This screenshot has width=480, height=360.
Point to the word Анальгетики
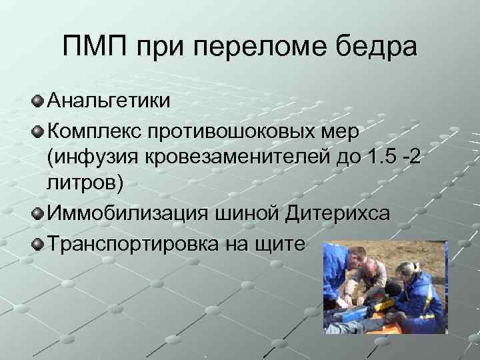(x=108, y=101)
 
